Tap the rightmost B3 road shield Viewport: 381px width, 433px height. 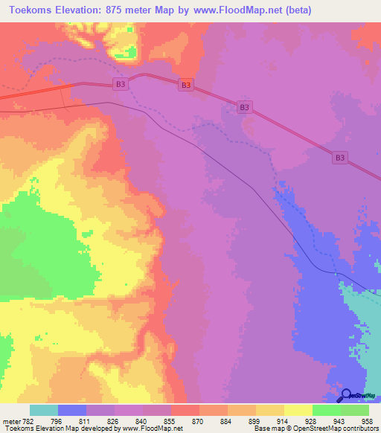click(339, 157)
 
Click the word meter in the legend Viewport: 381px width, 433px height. click(7, 421)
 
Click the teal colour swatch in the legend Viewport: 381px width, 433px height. click(44, 410)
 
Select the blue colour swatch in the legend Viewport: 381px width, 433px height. click(72, 410)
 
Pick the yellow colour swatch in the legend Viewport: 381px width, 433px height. click(298, 410)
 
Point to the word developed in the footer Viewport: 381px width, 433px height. click(86, 429)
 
